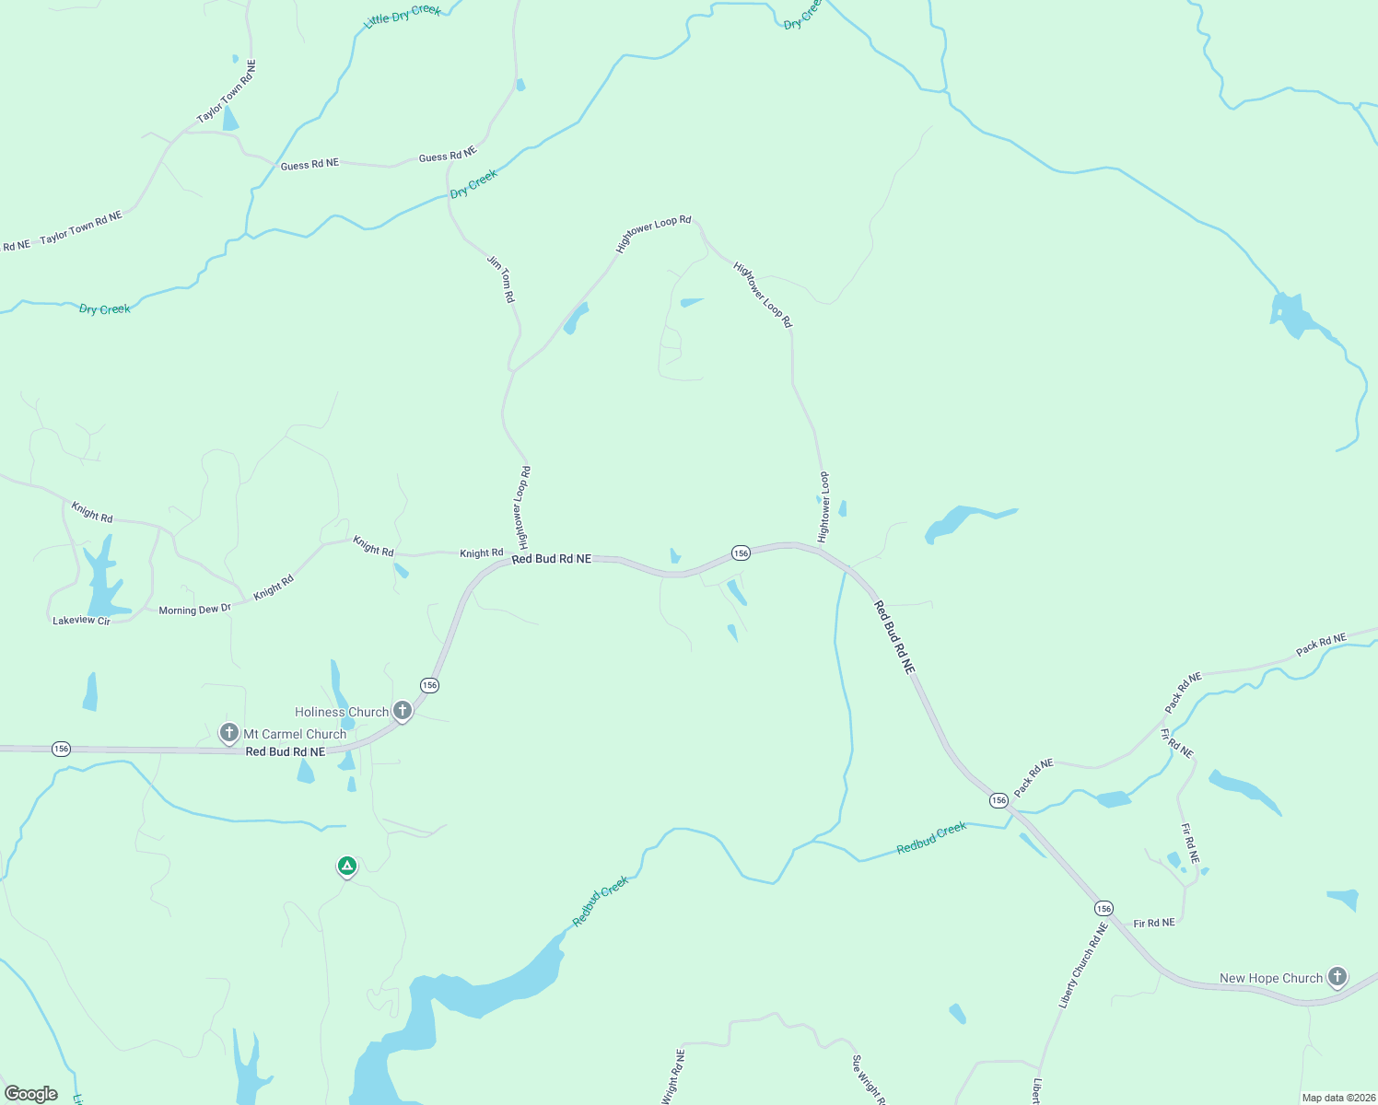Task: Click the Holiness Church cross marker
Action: [402, 710]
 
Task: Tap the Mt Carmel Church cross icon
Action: [229, 733]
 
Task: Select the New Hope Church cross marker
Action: [1337, 977]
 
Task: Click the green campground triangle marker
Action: [346, 866]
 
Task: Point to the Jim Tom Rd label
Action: [501, 279]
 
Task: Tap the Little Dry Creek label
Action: [403, 16]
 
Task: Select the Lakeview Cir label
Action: [81, 621]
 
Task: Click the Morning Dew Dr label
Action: [194, 610]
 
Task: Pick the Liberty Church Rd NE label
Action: [1081, 966]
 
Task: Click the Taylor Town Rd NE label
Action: [81, 227]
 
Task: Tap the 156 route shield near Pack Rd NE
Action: [998, 800]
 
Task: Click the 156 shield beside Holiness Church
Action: [429, 685]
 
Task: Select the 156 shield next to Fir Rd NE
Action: [1104, 908]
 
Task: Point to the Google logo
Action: [31, 1094]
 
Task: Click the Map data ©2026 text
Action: [1337, 1098]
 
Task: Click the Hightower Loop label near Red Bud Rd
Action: [823, 507]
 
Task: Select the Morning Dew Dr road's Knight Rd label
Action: [274, 587]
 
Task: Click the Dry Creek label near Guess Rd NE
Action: [473, 183]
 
